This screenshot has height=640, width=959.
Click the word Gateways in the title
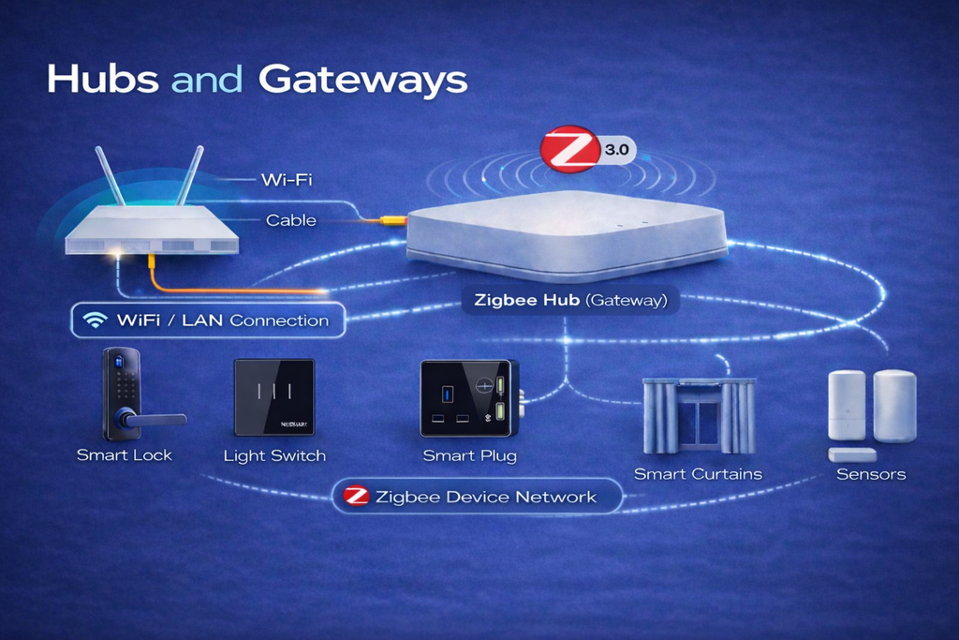click(x=362, y=80)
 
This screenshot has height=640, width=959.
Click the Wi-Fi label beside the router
click(x=287, y=178)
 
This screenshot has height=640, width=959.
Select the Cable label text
click(x=291, y=220)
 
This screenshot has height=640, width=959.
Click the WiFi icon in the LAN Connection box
click(x=95, y=320)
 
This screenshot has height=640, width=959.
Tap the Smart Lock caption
click(x=125, y=455)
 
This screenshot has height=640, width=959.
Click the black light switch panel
click(x=274, y=397)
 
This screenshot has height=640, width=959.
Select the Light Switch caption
click(x=274, y=456)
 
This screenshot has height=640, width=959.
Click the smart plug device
click(x=467, y=397)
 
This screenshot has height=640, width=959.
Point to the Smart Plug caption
click(x=469, y=456)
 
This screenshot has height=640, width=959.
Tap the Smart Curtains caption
click(x=698, y=474)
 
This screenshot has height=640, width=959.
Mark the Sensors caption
click(x=871, y=474)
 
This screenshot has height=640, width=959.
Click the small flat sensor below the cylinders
click(x=852, y=454)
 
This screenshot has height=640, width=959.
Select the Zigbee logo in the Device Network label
click(x=356, y=497)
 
